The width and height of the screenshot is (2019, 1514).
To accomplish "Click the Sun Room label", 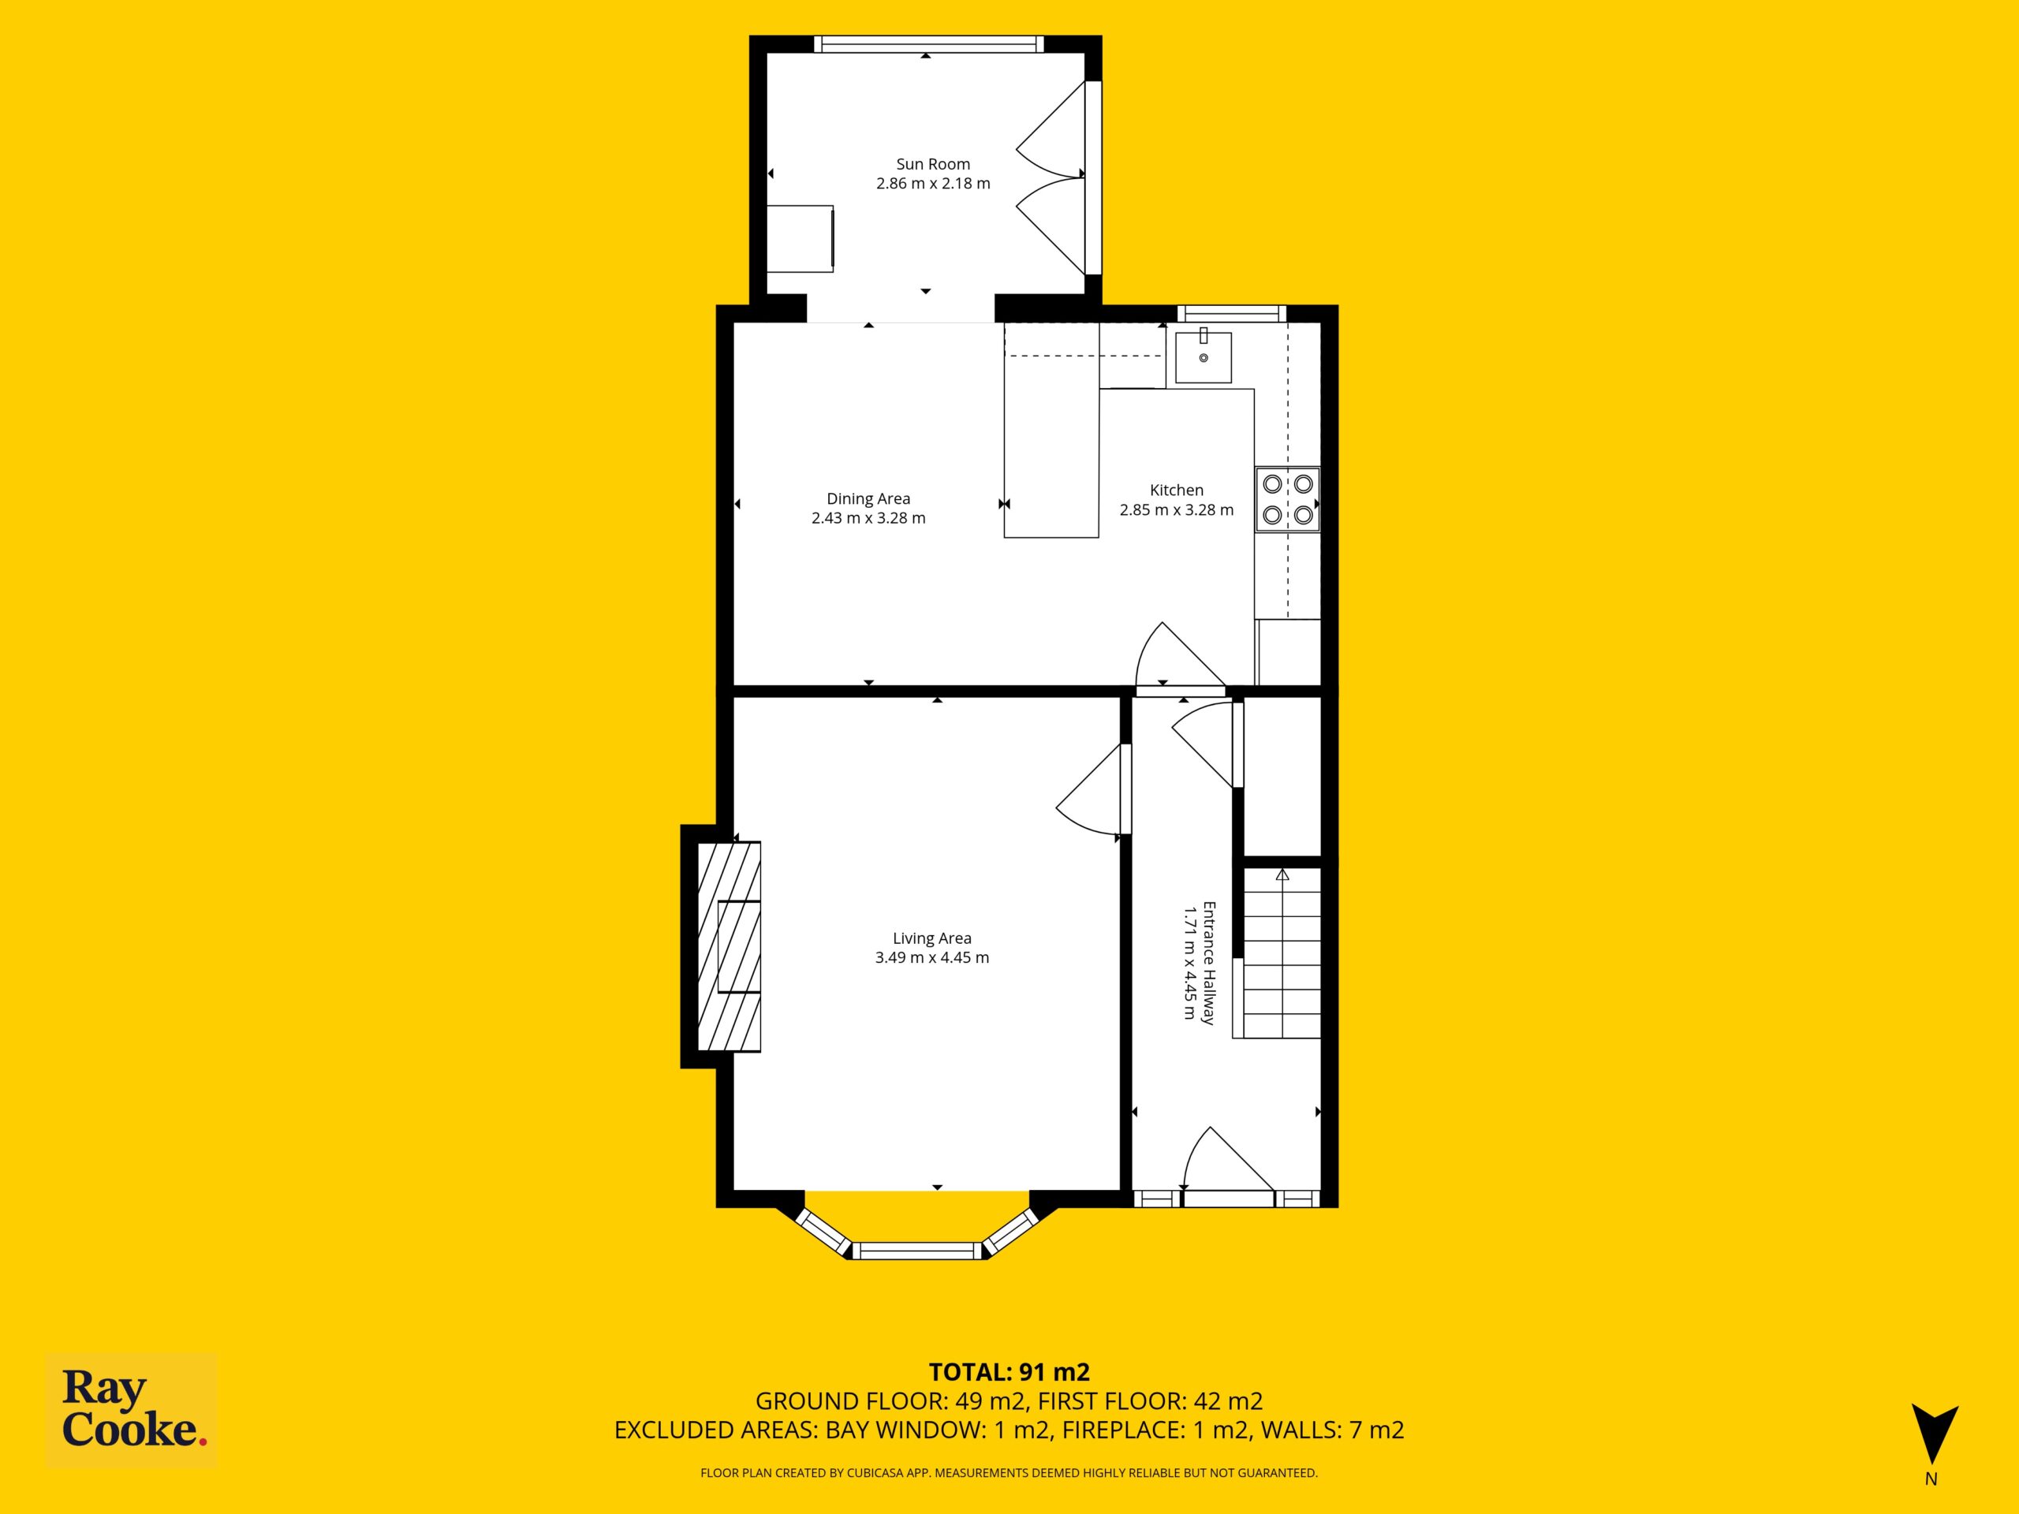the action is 933,164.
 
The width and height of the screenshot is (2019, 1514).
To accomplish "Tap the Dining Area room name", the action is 868,498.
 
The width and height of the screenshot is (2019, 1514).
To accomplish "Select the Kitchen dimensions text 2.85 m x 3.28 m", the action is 1177,510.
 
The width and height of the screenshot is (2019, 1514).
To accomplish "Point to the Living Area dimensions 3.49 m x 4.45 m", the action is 932,957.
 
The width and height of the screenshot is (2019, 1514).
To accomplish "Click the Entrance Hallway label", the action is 1208,964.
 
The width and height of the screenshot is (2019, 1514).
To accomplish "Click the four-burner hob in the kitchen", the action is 1287,499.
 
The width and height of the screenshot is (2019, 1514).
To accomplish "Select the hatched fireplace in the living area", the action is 730,946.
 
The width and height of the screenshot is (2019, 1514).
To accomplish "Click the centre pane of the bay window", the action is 917,1251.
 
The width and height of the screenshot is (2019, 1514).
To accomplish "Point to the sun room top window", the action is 928,44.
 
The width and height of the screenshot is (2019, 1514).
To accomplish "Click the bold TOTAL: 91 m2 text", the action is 1009,1371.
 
